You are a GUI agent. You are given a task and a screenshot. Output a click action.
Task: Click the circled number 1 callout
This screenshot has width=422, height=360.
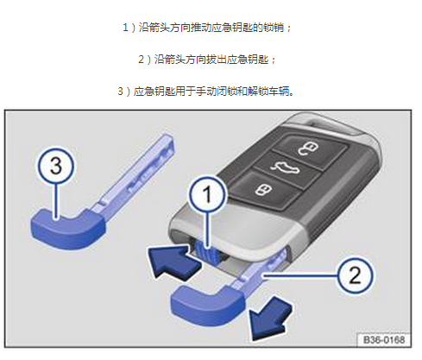(x=208, y=194)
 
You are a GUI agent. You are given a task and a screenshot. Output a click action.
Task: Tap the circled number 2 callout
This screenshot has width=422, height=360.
(x=355, y=275)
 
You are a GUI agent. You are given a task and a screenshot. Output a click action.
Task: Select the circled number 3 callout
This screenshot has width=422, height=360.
(x=56, y=166)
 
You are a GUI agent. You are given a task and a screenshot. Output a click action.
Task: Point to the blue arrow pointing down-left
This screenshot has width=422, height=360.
(x=270, y=318)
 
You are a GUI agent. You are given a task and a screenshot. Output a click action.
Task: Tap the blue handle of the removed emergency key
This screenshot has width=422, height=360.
(x=67, y=229)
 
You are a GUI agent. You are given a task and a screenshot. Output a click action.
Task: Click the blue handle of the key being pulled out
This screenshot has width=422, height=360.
(x=207, y=305)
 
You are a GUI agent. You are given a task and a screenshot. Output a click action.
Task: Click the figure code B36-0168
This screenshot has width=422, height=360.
(x=384, y=340)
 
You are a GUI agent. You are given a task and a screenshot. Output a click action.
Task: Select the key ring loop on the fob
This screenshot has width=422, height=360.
(x=331, y=124)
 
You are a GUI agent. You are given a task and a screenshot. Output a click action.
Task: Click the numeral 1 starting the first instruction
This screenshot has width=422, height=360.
(x=125, y=28)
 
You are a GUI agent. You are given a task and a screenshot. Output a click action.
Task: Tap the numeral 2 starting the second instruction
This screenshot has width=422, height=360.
(x=141, y=60)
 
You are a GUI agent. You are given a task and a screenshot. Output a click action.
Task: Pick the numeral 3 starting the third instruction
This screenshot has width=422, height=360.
(x=120, y=92)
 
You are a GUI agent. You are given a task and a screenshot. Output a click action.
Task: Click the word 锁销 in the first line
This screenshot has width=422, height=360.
(x=274, y=28)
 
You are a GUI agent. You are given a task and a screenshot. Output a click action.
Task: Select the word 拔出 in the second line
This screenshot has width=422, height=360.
(x=216, y=60)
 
